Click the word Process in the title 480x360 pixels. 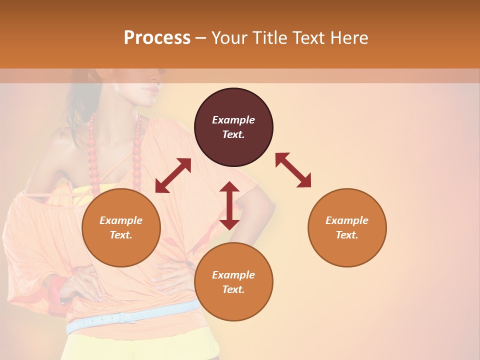(x=157, y=38)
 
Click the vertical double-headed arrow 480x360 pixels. (x=229, y=205)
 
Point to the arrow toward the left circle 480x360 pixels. (x=173, y=175)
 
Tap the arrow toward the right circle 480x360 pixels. (x=293, y=170)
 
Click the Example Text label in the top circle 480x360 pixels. (x=233, y=127)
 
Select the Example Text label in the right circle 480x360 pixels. (x=347, y=227)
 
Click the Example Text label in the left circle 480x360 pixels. (x=121, y=227)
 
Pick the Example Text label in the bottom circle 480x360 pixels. (x=233, y=282)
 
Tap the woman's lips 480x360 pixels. (x=150, y=90)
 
